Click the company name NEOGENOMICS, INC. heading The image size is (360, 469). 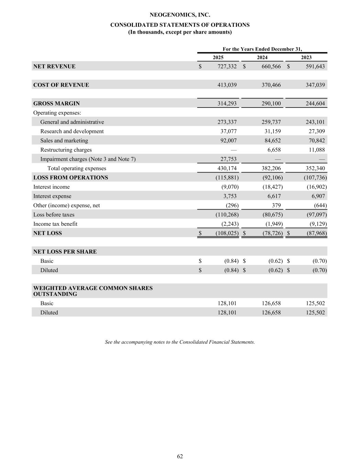[x=180, y=15]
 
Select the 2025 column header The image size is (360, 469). [x=218, y=57]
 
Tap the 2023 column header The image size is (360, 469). [x=306, y=57]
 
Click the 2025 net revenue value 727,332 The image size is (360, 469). [x=227, y=66]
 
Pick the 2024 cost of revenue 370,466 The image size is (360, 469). [x=271, y=85]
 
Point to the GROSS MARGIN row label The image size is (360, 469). [x=56, y=103]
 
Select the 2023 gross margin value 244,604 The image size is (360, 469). [x=315, y=103]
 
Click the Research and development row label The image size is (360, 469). [x=72, y=131]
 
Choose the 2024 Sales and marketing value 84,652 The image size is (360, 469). [x=271, y=141]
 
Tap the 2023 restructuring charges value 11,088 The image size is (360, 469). [x=315, y=150]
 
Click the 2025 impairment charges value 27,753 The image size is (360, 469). [x=227, y=159]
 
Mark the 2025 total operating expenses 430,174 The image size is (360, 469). [x=227, y=168]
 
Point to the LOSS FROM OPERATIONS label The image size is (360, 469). [x=70, y=178]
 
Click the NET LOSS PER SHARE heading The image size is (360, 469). [x=65, y=252]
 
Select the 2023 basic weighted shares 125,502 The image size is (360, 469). [x=315, y=303]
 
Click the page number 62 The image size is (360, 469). [x=180, y=456]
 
